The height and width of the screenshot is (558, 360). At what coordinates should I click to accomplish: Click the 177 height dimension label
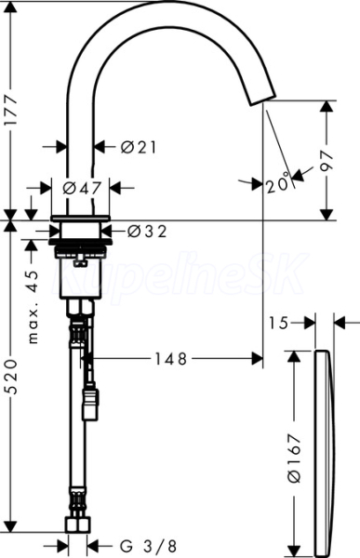pos(11,110)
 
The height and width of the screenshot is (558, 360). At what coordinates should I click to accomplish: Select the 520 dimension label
pos(12,377)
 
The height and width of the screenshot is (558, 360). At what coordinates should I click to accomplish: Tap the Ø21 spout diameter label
pos(139,147)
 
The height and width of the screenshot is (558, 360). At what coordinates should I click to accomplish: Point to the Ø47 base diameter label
pos(82,188)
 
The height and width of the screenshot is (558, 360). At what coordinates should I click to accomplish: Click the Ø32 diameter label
pos(147,232)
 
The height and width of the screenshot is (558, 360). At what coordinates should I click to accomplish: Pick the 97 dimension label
pos(326,161)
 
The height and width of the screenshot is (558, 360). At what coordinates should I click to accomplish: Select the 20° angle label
pos(278,183)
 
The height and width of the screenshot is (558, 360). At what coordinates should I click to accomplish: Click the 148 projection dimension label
pos(170,359)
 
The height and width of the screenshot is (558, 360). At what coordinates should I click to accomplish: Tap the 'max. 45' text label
pos(33,307)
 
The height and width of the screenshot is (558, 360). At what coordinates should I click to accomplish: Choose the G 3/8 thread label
pos(147,546)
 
